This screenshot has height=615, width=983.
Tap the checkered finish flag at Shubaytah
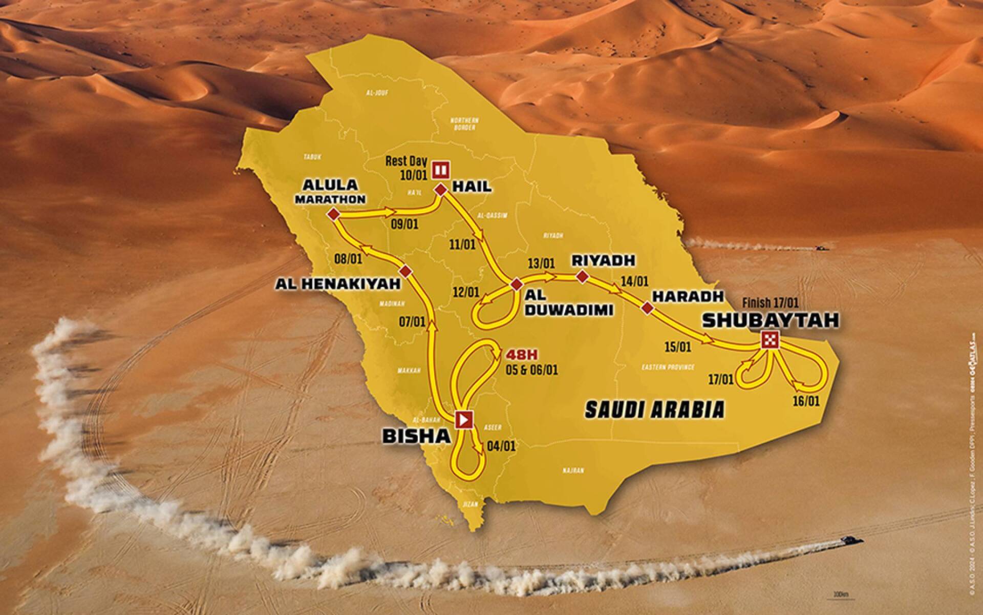point(771,340)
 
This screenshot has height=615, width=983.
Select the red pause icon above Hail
point(441,169)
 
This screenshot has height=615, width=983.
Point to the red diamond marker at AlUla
point(334,215)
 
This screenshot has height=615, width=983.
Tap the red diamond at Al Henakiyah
point(405,270)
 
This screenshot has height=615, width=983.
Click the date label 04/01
point(502,446)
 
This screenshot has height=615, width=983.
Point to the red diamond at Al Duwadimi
point(516,284)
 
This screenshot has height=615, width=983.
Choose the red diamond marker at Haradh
point(648,307)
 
